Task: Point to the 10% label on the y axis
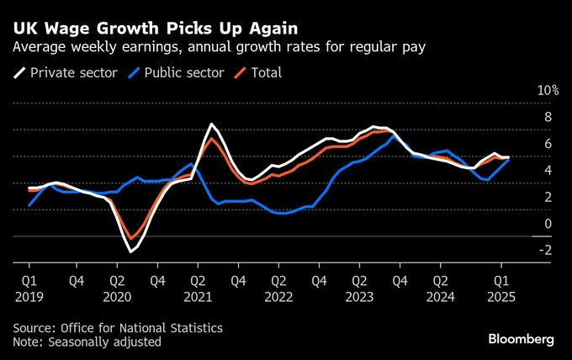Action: click(x=548, y=90)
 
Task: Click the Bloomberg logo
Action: click(x=522, y=339)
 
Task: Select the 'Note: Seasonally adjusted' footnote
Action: click(x=87, y=341)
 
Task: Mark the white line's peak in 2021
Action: click(x=211, y=124)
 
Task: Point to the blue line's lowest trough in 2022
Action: click(x=283, y=214)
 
